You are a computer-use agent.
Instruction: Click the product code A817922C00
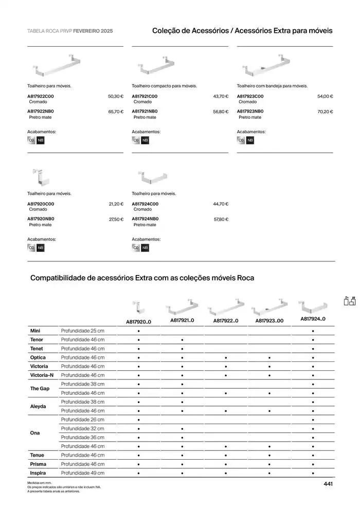tap(40, 96)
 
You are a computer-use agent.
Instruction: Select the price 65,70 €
tap(116, 112)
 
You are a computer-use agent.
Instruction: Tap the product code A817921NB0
tap(145, 111)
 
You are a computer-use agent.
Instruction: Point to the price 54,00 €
tap(325, 96)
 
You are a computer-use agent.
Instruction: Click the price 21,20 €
tap(116, 204)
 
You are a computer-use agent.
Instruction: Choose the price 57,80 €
tap(221, 220)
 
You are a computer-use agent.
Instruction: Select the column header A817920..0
tap(138, 322)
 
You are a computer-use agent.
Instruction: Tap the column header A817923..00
tap(269, 321)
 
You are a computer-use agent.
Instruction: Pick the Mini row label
tap(35, 331)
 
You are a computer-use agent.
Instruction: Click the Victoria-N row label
tap(42, 375)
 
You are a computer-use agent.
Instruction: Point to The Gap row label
tap(40, 389)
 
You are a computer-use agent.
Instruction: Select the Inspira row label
tap(38, 472)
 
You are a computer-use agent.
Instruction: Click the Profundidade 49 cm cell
tap(82, 472)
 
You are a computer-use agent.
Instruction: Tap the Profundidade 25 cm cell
tap(82, 331)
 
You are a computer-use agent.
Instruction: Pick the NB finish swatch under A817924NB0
tap(145, 248)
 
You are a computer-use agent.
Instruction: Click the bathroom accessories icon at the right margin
tap(350, 301)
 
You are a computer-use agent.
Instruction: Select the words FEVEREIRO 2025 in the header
tap(93, 31)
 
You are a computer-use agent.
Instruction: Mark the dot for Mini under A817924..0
tap(313, 331)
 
